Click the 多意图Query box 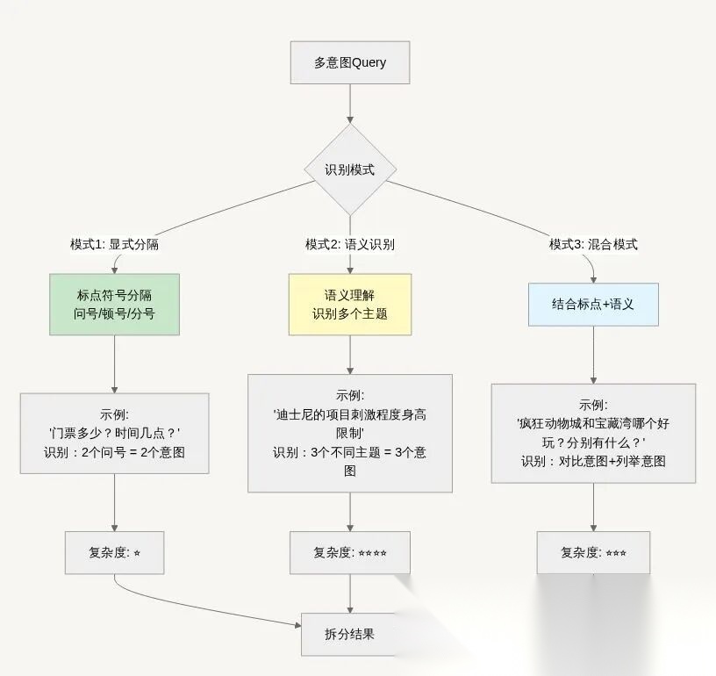click(x=350, y=62)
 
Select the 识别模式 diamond click(x=350, y=169)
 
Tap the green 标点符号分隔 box click(x=114, y=304)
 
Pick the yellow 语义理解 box click(x=350, y=304)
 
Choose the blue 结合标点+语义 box click(x=593, y=304)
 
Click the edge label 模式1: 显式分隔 click(x=114, y=244)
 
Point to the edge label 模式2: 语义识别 click(x=350, y=244)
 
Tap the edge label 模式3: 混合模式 click(x=593, y=244)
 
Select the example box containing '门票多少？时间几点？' click(x=114, y=433)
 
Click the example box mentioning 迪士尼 click(x=350, y=433)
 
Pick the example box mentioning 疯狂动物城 click(x=593, y=433)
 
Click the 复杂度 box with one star click(x=114, y=553)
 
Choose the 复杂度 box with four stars click(x=350, y=553)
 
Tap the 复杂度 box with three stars click(x=593, y=553)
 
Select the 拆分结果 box click(x=350, y=633)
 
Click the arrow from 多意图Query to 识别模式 click(x=350, y=103)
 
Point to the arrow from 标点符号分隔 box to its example click(x=114, y=363)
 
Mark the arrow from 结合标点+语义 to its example click(x=593, y=355)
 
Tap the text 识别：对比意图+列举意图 click(x=593, y=460)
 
